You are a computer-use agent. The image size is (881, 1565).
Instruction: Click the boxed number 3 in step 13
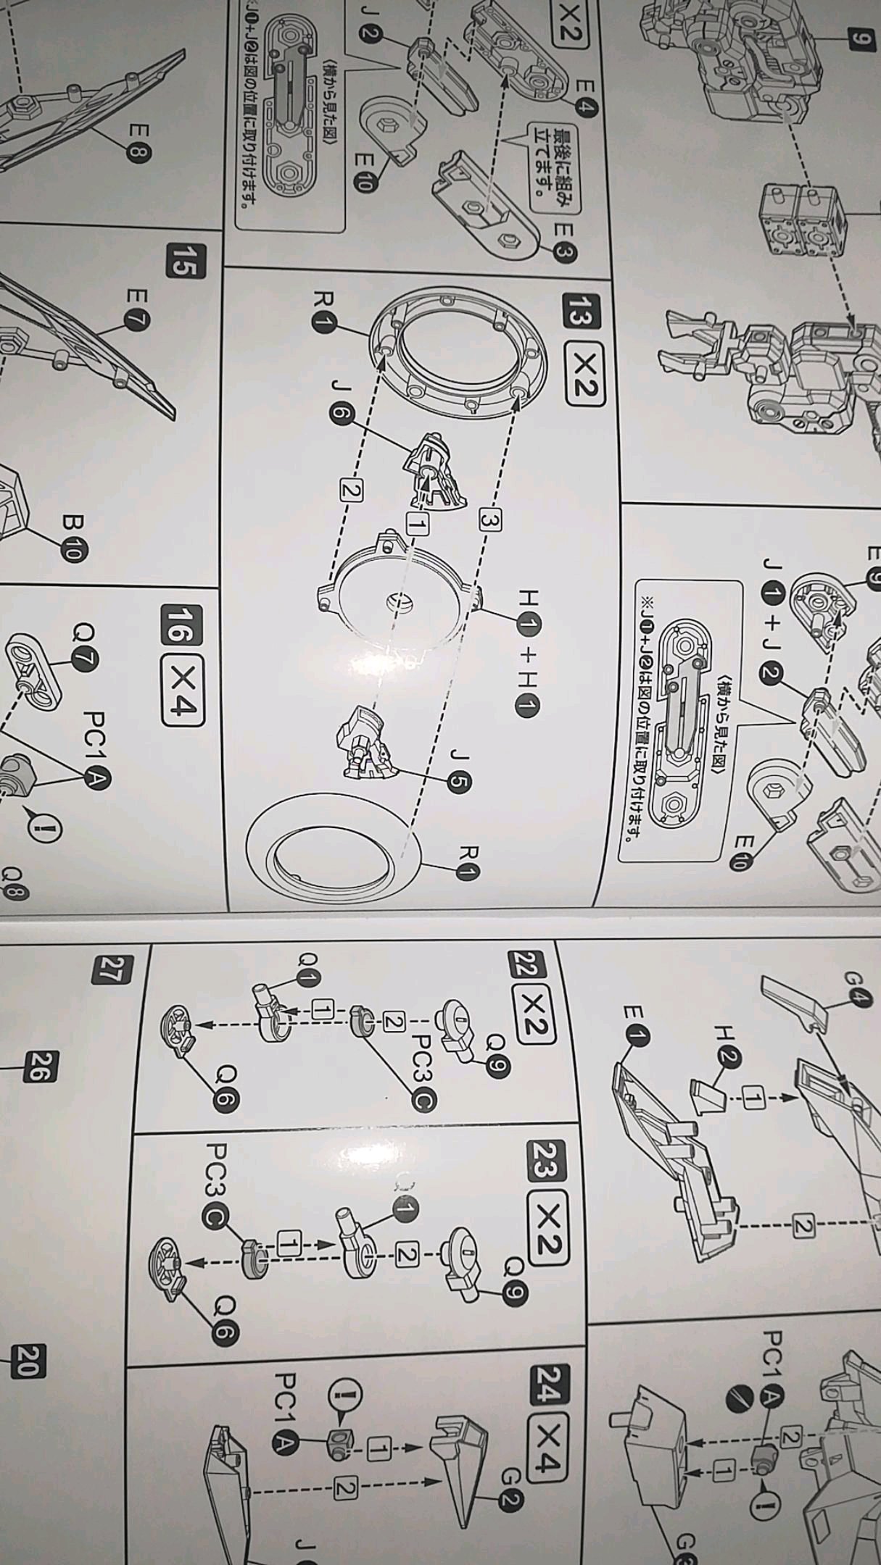click(490, 520)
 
